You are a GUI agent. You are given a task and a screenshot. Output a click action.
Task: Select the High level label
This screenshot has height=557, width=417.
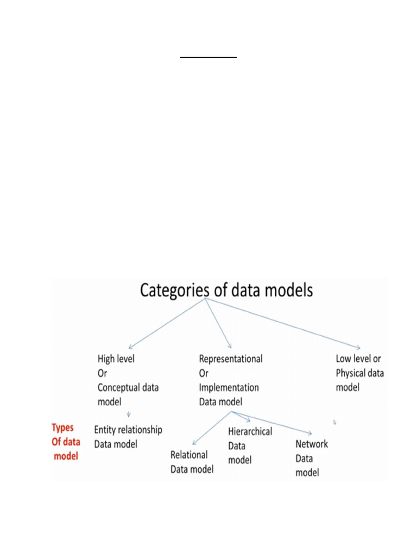(116, 359)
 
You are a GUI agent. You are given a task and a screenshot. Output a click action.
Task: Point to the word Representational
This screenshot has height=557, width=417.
(231, 359)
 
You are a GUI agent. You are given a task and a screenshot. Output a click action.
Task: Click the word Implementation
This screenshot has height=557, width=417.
(229, 388)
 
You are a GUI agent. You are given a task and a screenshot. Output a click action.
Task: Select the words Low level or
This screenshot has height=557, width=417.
(358, 359)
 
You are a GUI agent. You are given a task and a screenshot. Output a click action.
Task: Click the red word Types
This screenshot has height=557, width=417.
(62, 428)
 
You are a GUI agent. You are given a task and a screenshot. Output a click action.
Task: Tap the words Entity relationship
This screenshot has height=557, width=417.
(128, 430)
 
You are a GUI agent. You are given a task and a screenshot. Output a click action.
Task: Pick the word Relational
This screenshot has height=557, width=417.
(189, 455)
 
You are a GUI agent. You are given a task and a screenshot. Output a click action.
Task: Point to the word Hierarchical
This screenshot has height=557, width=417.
(250, 432)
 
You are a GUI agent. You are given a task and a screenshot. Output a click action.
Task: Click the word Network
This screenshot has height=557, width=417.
(312, 444)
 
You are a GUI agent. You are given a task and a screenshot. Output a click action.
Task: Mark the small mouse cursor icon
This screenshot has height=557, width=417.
(334, 422)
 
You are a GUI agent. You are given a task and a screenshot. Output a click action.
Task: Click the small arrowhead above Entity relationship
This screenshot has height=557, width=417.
(129, 415)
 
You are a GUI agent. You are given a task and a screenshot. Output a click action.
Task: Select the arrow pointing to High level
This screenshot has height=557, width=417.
(166, 324)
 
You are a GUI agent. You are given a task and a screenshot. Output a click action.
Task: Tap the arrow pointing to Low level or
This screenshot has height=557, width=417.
(282, 324)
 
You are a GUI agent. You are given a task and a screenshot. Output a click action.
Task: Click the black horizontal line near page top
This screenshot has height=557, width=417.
(208, 57)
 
